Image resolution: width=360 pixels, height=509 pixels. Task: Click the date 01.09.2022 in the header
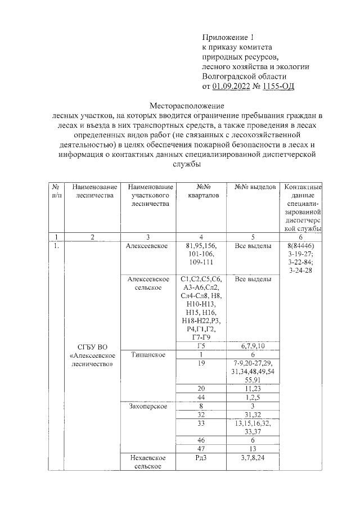point(232,86)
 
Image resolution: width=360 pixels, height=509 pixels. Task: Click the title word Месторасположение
point(186,106)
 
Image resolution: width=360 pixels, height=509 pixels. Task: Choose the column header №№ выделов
point(254,186)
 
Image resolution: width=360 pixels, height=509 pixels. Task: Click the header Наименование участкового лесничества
point(149,196)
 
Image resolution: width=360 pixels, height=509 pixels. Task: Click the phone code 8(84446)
point(301,246)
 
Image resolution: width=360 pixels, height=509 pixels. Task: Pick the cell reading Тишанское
point(148,354)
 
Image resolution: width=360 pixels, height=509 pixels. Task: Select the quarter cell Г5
point(201,345)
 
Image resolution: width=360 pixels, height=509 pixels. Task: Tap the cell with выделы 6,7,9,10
point(253,345)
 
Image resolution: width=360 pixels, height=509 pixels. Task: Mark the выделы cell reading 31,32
point(253,413)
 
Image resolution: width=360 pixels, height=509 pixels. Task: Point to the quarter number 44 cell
point(201,397)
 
